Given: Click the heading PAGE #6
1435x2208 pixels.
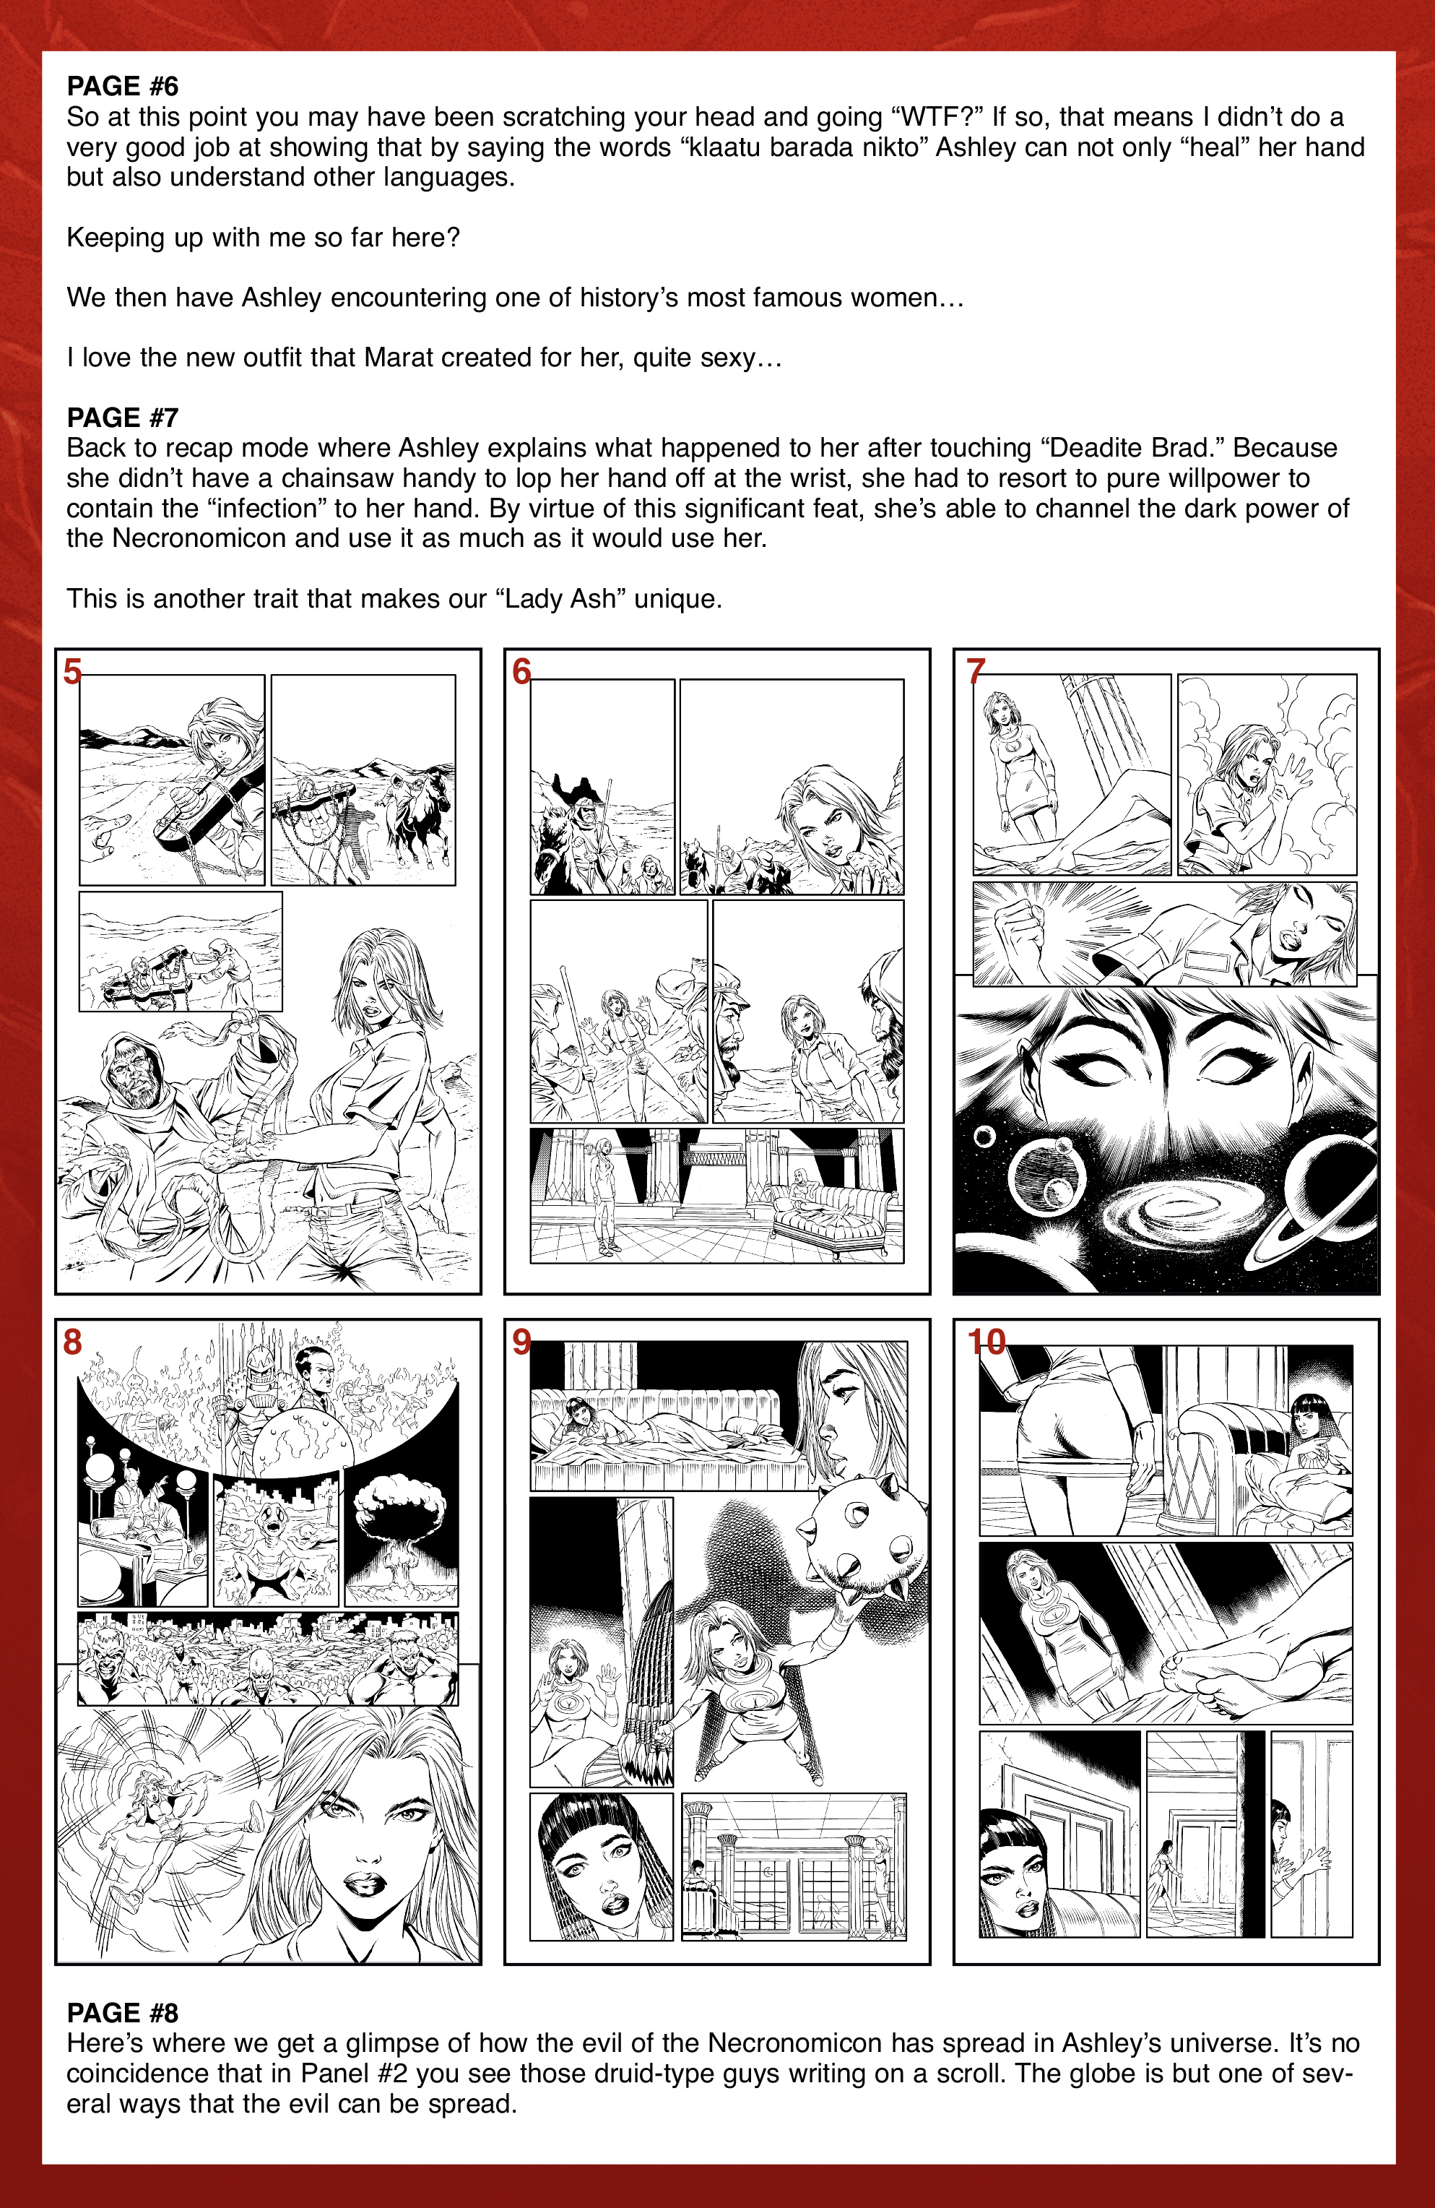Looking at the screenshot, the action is coord(123,86).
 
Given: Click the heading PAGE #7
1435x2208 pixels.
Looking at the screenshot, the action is coord(123,418).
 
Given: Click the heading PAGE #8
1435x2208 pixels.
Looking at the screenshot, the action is coord(123,2013).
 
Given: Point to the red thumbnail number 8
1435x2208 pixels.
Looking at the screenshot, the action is coord(72,1342).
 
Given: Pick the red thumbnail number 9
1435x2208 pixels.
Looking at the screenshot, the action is coord(521,1342).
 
